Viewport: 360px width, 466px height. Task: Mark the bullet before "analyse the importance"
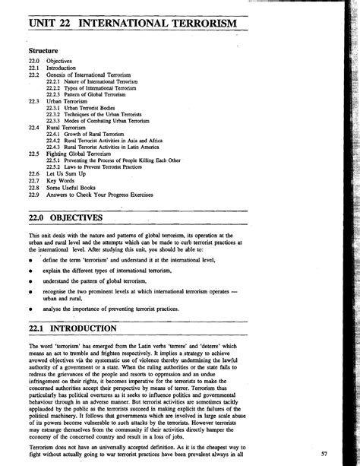[29, 311]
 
